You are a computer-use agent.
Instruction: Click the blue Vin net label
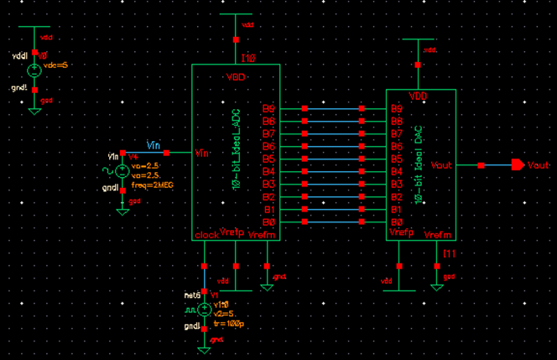(154, 144)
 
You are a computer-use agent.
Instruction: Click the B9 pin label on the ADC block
(268, 109)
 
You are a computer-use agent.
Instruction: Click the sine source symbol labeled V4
(122, 171)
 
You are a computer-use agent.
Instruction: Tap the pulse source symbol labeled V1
(204, 310)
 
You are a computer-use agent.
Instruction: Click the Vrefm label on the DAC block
(438, 235)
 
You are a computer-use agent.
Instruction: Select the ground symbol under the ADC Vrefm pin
(267, 284)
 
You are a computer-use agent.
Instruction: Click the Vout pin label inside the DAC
(440, 165)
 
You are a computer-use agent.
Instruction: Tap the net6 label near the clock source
(190, 295)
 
